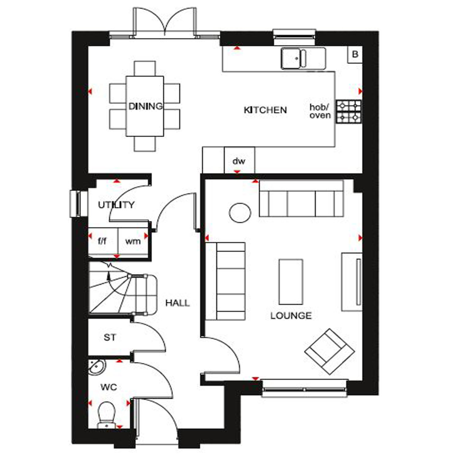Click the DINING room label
[145, 106]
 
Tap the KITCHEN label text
[265, 110]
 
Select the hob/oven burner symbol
[349, 112]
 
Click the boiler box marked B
[355, 54]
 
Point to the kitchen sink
[294, 58]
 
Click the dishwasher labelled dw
[239, 161]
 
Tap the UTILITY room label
[116, 205]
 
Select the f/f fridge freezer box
[103, 241]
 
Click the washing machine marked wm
[133, 241]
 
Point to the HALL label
[177, 303]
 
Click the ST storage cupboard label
[110, 338]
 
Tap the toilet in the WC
[106, 413]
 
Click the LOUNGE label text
[291, 315]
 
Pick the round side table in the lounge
[240, 213]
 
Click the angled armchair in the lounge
[329, 351]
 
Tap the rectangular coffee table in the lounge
[291, 282]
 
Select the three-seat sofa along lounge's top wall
[301, 199]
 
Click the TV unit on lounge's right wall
[352, 282]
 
